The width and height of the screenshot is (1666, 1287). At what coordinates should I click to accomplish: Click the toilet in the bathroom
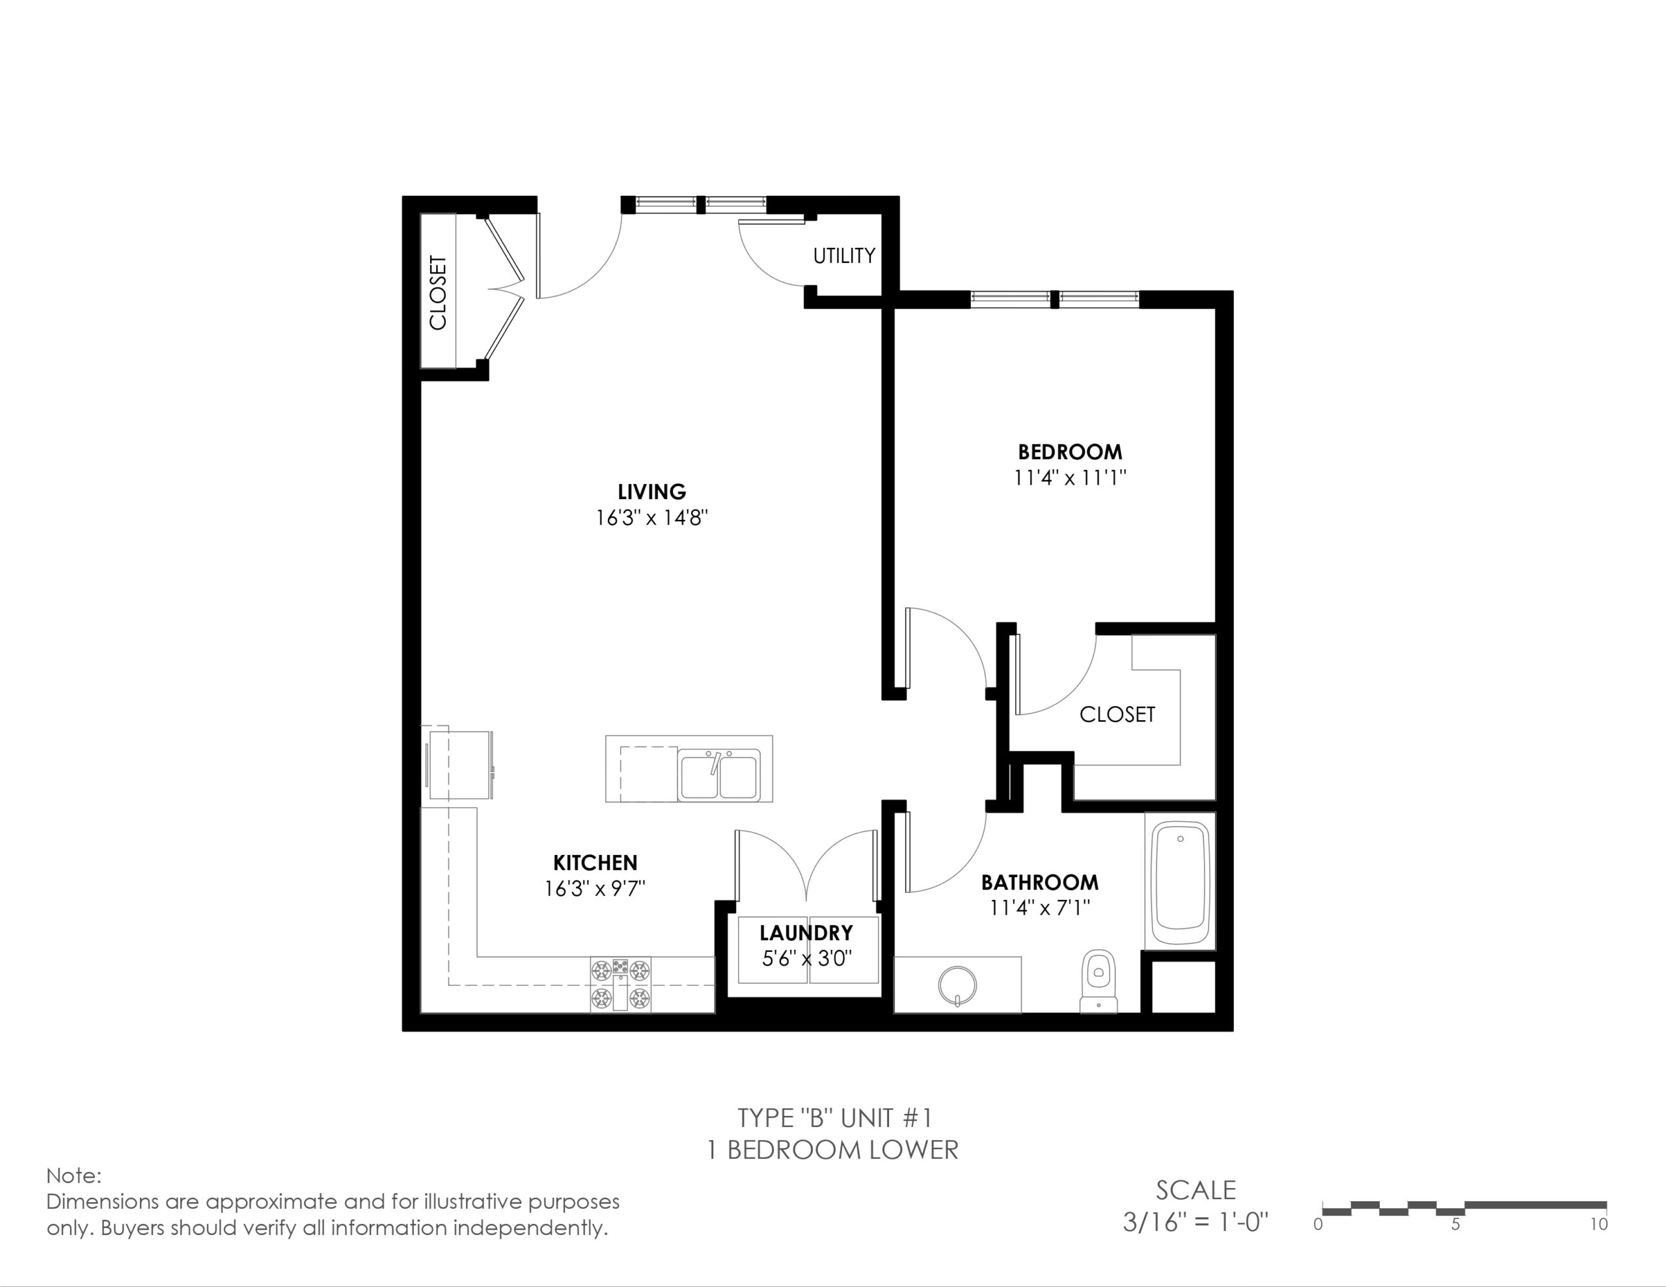(x=1099, y=981)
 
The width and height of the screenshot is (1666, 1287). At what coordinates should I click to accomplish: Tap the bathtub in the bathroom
(x=1180, y=882)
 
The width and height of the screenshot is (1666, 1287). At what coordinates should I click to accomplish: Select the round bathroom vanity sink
(x=957, y=985)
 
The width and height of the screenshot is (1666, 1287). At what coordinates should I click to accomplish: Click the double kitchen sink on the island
(x=718, y=775)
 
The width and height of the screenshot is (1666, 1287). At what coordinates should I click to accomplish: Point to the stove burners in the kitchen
(x=620, y=985)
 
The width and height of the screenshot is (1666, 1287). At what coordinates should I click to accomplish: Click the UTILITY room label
(x=843, y=256)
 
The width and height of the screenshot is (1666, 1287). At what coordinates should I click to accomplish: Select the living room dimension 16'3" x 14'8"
(x=652, y=518)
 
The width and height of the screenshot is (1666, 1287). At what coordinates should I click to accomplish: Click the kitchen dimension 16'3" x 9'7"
(x=595, y=889)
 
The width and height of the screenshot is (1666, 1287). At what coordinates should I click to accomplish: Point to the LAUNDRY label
(x=806, y=933)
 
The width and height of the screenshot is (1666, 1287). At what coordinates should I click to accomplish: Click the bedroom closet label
(x=1117, y=714)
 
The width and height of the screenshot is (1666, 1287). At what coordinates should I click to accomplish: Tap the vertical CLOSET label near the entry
(x=438, y=292)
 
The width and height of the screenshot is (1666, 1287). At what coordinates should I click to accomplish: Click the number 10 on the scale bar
(x=1599, y=1225)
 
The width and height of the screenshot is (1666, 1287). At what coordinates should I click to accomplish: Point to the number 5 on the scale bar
(x=1455, y=1225)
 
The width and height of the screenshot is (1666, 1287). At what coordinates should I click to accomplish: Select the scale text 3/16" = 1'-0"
(x=1195, y=1222)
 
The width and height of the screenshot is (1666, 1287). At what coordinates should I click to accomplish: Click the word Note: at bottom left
(x=74, y=1176)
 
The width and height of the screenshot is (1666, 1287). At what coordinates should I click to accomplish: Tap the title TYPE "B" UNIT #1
(x=834, y=1118)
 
